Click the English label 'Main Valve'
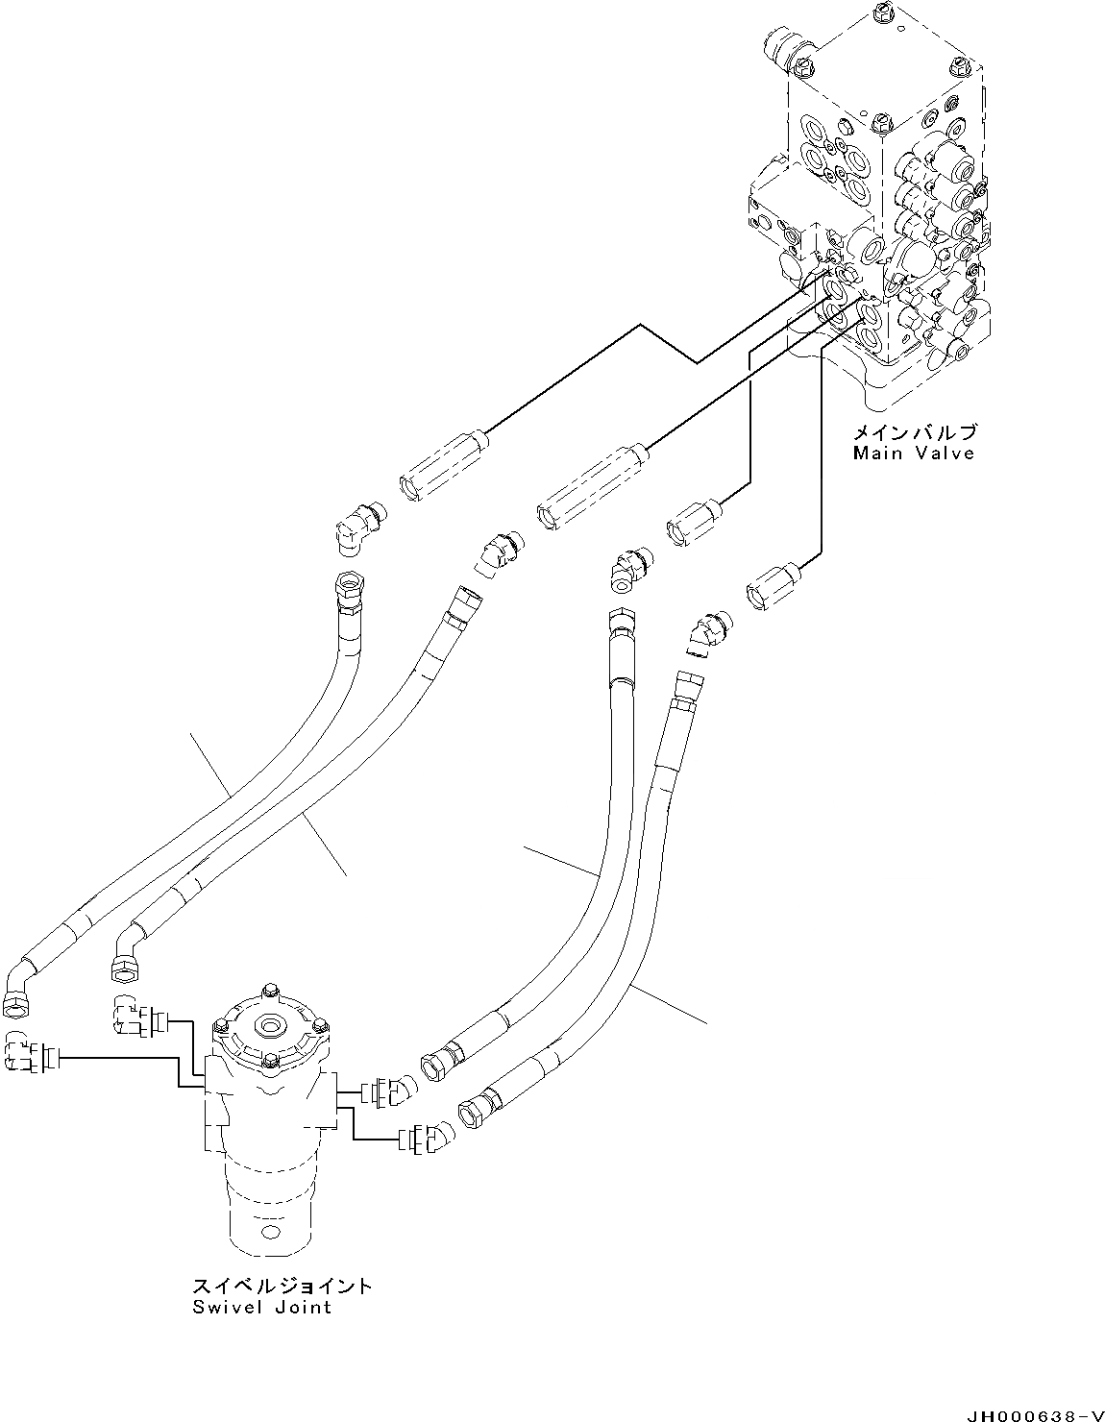pyautogui.click(x=913, y=453)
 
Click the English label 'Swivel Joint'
pyautogui.click(x=260, y=1307)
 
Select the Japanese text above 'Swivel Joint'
pyautogui.click(x=281, y=1286)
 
